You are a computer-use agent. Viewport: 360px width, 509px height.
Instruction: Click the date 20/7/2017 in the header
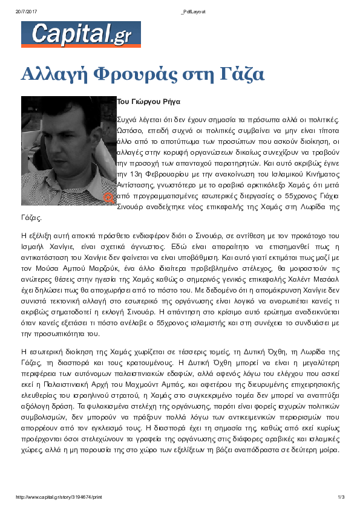coord(27,12)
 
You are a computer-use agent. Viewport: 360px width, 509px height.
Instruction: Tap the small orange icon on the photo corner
coord(109,197)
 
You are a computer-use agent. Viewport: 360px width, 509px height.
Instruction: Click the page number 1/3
coord(341,498)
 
